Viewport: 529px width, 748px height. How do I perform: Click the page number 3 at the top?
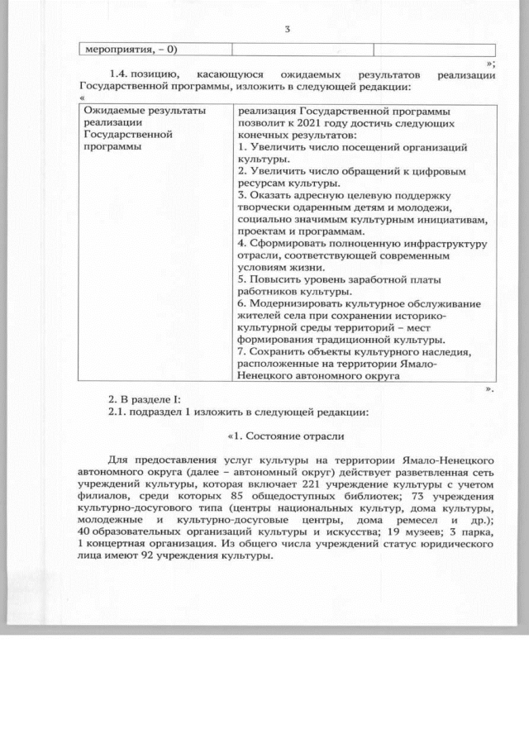(286, 31)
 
